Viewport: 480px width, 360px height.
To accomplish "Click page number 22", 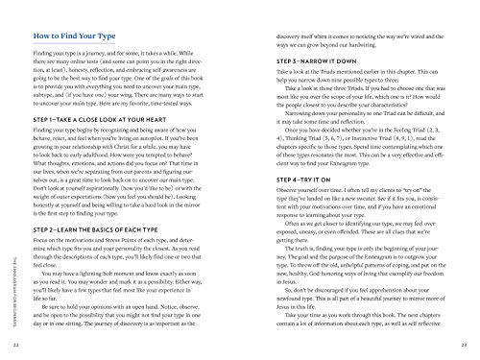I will pyautogui.click(x=12, y=344).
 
